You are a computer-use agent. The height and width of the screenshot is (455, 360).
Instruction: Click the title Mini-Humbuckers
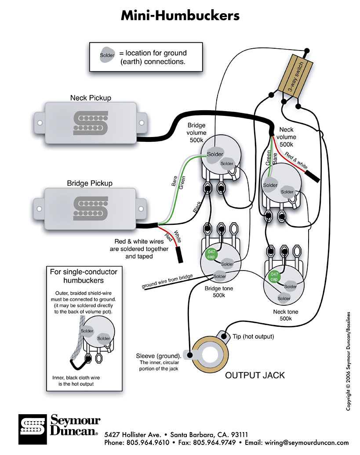click(180, 16)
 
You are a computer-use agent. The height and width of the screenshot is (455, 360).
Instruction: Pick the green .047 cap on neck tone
click(273, 277)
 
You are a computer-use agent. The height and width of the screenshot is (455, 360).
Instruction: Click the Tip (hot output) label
click(253, 336)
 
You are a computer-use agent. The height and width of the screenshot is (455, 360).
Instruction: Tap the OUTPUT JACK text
click(255, 376)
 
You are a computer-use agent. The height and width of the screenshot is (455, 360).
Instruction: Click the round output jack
click(210, 354)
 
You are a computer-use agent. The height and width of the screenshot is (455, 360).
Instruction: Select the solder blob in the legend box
click(107, 56)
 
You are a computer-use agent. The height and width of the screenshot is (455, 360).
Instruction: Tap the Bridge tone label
click(218, 292)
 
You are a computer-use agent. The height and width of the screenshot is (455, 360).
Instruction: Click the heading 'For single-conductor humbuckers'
click(84, 276)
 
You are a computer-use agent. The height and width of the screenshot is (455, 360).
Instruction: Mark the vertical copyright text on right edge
click(349, 361)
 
